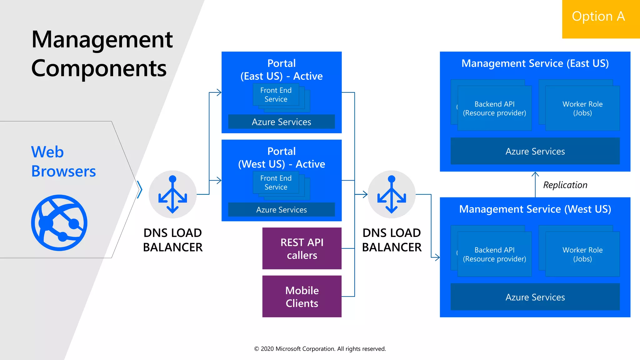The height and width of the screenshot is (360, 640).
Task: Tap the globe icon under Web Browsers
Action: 59,222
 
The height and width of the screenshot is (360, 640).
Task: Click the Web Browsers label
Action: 63,161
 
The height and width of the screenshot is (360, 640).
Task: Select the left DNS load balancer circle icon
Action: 172,194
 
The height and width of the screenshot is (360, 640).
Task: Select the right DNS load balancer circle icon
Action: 392,194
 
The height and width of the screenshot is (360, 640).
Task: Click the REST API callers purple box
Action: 302,248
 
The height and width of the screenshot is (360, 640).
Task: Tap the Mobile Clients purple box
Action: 302,296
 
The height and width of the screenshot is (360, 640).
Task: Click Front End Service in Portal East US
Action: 276,95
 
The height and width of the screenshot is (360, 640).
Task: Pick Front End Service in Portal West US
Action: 276,182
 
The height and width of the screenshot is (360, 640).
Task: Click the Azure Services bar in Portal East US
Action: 281,122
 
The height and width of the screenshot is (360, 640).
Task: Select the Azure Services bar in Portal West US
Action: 281,210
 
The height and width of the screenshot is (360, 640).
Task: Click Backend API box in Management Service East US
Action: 494,108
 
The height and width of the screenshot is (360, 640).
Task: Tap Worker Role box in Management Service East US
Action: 582,108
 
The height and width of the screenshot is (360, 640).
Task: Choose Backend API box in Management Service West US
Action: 494,254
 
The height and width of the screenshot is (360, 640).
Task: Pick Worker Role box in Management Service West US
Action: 582,254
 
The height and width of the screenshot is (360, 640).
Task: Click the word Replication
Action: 565,185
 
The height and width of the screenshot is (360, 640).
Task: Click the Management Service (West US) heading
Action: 535,209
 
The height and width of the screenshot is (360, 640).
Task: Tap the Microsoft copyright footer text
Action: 320,349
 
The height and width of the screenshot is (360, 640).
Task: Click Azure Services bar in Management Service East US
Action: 535,151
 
